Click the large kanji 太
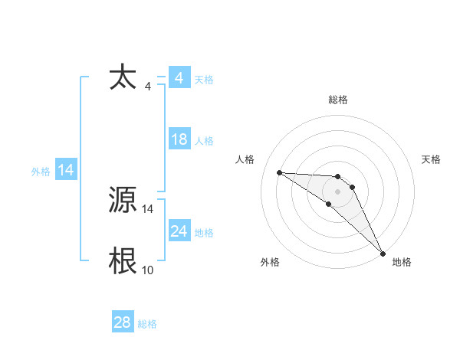point(123,78)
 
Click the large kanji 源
point(123,201)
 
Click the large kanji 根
point(123,261)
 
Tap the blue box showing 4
point(179,78)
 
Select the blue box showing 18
point(179,139)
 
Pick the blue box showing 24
point(179,231)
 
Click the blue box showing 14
point(66,170)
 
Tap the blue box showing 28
point(123,322)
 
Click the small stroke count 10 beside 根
point(147,270)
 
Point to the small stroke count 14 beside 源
point(148,209)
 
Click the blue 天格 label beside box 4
point(204,80)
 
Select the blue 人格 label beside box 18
point(204,141)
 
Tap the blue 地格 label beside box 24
point(204,233)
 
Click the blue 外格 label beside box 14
point(41,172)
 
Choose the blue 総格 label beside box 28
point(147,324)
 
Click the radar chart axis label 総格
point(338,100)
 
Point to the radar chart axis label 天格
point(432,159)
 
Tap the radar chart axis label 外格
point(270,262)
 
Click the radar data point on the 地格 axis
point(383,252)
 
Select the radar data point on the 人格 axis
point(279,172)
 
